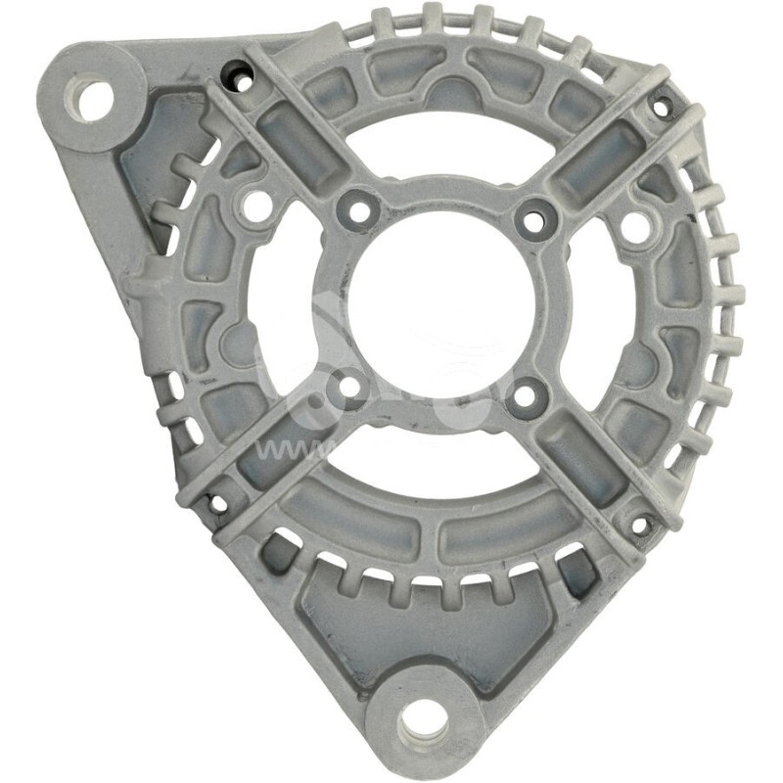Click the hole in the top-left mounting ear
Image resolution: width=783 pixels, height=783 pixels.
tap(95, 100)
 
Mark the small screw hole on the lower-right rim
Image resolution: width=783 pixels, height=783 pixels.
tap(640, 526)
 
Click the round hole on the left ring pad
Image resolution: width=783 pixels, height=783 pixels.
tap(257, 206)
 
